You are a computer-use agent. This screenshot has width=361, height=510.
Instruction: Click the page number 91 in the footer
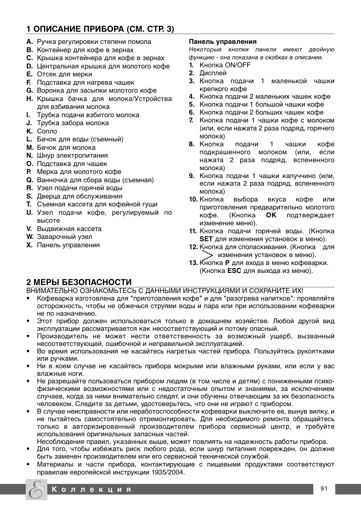coord(324,488)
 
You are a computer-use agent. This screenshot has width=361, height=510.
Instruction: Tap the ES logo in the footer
coord(36,489)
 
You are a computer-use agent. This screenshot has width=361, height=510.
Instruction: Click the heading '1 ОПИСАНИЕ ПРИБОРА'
coord(100,29)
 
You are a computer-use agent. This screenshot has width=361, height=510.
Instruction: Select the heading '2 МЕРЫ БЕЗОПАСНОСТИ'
coord(79,282)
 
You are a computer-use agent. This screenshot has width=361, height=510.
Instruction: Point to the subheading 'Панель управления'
coord(223,42)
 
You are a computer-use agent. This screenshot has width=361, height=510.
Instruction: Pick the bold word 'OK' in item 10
coord(271,215)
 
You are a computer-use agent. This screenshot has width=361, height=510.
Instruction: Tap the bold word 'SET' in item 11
coord(206,239)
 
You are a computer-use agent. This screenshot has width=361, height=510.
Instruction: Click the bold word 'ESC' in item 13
coord(234,271)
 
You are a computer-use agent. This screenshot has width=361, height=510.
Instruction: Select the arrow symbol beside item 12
coord(208,254)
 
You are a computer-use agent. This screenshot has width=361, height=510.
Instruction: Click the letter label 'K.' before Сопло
coord(30,131)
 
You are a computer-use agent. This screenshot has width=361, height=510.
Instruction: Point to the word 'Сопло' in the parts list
coord(47,131)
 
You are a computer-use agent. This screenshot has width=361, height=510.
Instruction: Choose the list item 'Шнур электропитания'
coord(72,155)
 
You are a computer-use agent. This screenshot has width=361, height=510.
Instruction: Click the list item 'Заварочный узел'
coord(64,237)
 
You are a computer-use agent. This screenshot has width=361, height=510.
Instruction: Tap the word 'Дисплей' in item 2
coord(213,73)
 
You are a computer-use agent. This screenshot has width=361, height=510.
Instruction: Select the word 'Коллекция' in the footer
coord(92,489)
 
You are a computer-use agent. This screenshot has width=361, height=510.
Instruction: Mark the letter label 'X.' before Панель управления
coord(30,245)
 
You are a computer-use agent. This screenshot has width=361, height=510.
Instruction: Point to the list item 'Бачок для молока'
coord(66,147)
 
